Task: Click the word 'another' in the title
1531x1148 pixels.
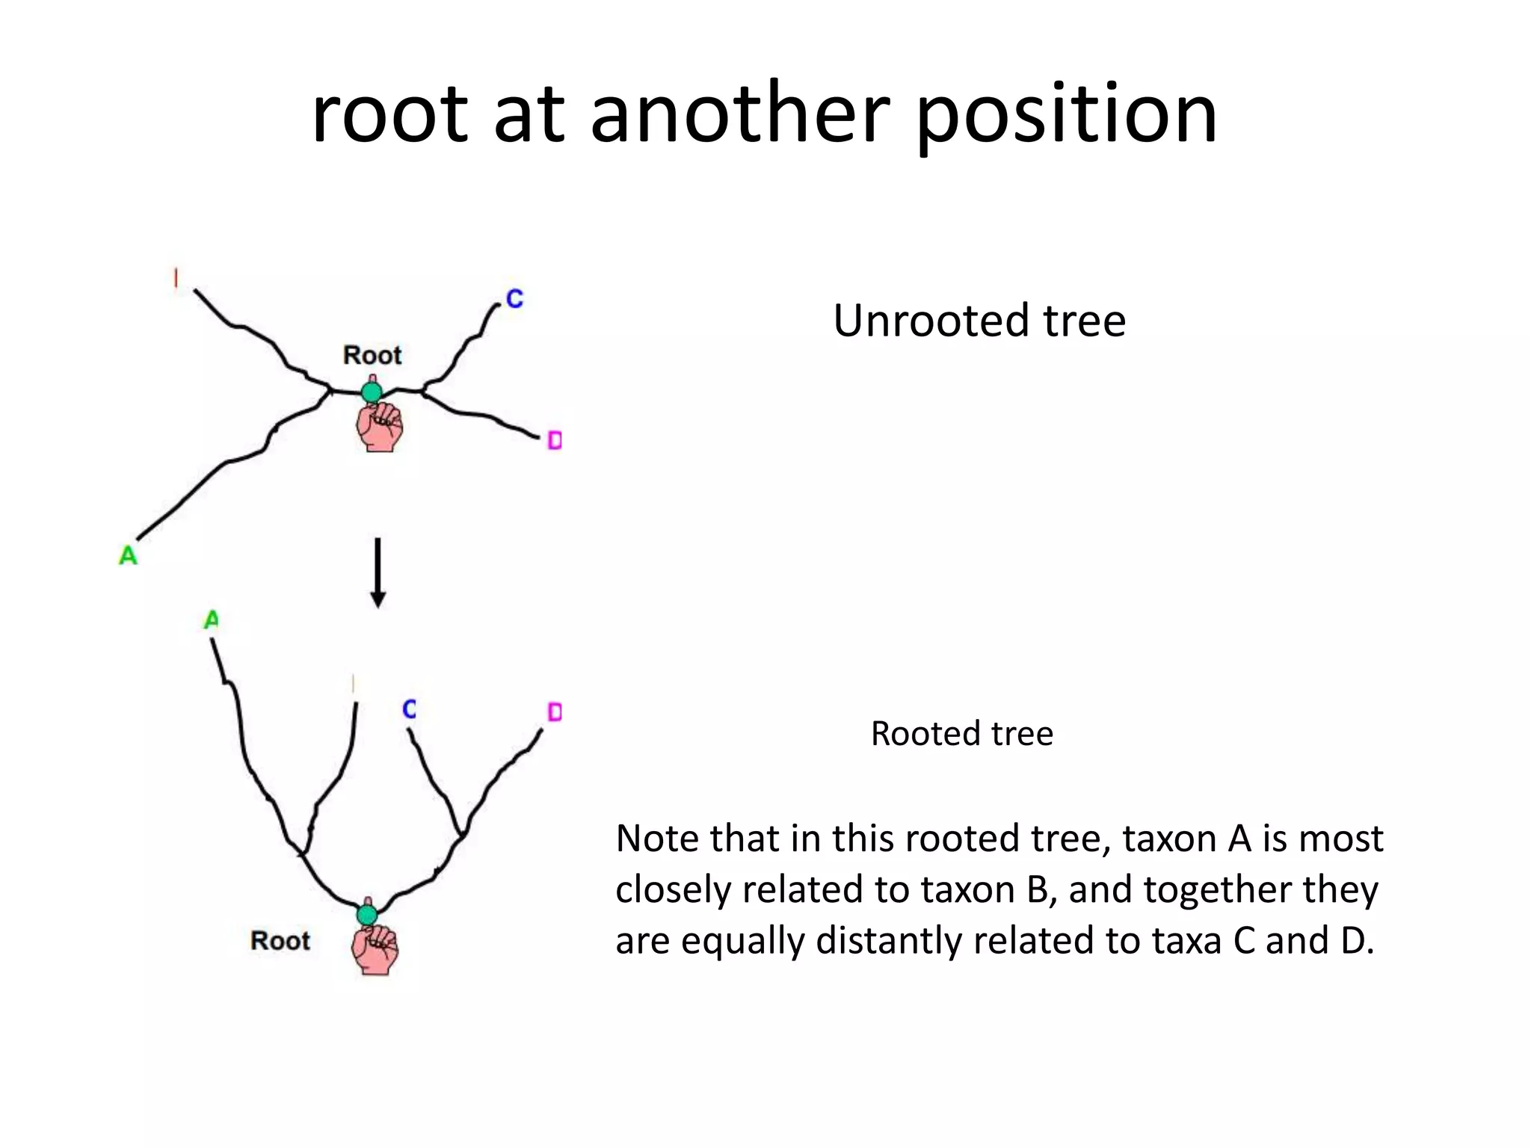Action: pyautogui.click(x=739, y=115)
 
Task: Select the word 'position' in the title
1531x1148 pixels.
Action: pyautogui.click(x=1067, y=115)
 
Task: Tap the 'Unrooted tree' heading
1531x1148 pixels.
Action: pyautogui.click(x=979, y=321)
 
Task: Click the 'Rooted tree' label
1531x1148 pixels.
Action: pyautogui.click(x=961, y=733)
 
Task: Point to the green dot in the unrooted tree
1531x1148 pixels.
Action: pyautogui.click(x=372, y=391)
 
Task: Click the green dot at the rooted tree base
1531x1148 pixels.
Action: pyautogui.click(x=367, y=914)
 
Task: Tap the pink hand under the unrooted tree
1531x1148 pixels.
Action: pyautogui.click(x=380, y=427)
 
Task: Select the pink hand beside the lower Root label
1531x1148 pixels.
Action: pyautogui.click(x=375, y=949)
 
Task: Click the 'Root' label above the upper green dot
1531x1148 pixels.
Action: pyautogui.click(x=372, y=354)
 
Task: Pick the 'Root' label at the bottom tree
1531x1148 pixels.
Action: pyautogui.click(x=280, y=940)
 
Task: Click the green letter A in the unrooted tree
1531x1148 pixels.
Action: pyautogui.click(x=129, y=555)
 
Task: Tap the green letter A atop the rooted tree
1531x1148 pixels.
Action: pyautogui.click(x=212, y=620)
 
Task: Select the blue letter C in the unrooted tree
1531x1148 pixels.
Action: pyautogui.click(x=514, y=299)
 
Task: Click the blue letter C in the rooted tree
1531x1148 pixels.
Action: pyautogui.click(x=409, y=709)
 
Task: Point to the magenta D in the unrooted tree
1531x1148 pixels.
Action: pyautogui.click(x=554, y=440)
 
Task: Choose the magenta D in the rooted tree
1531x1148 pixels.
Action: pyautogui.click(x=554, y=712)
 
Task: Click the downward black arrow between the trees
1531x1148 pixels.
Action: pyautogui.click(x=378, y=572)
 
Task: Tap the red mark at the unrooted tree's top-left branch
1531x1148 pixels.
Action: pyautogui.click(x=176, y=278)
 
